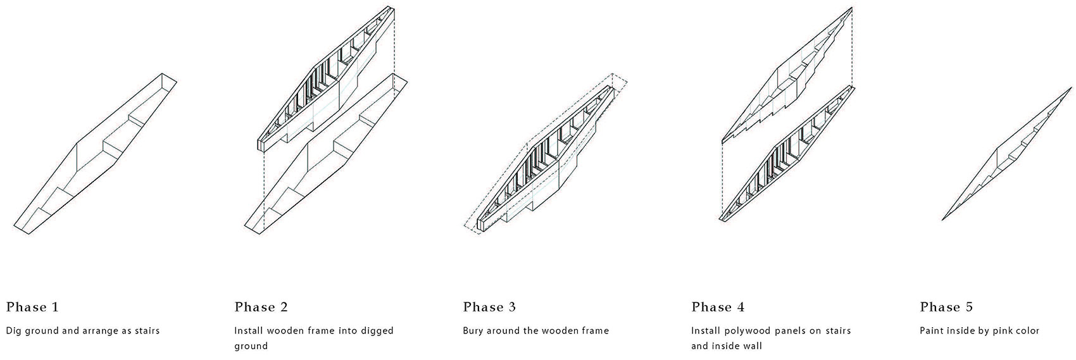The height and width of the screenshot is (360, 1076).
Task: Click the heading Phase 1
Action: point(32,307)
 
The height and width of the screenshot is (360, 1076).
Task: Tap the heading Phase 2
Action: point(261,307)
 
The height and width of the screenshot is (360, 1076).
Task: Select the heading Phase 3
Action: point(489,307)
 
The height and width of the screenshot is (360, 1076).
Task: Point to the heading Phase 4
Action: point(718,307)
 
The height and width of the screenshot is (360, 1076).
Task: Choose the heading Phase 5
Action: point(946,307)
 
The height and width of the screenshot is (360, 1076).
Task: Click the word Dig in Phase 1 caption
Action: point(13,331)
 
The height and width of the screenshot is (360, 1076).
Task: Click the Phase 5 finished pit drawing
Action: point(1007,154)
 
